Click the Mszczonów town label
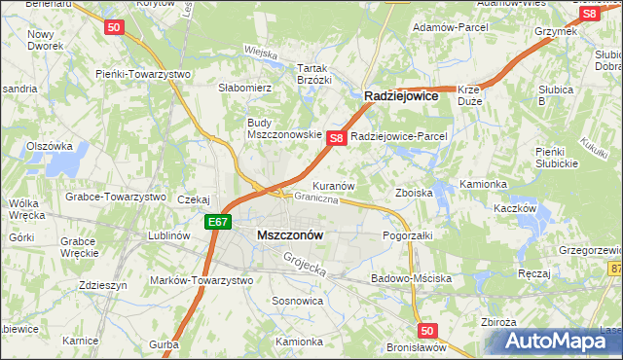tap(290, 234)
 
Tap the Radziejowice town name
tap(403, 97)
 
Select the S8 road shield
tap(336, 138)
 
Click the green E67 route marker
tap(218, 223)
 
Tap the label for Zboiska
tap(413, 193)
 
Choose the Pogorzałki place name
tap(407, 235)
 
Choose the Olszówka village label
tap(50, 146)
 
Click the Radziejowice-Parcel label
tap(398, 137)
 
